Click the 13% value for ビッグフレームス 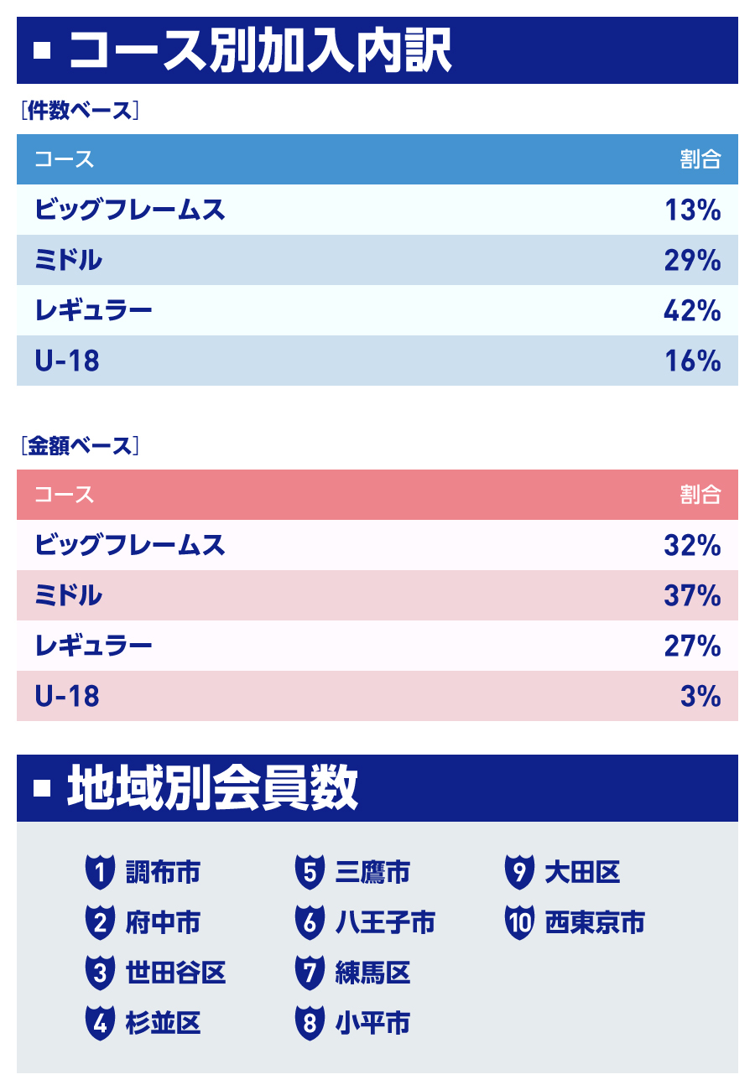click(692, 210)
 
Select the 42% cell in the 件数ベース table click(692, 310)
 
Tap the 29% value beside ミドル click(692, 260)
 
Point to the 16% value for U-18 click(692, 361)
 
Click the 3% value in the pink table click(700, 696)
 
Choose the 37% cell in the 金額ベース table click(692, 595)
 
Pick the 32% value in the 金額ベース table click(692, 545)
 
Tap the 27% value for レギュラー click(692, 646)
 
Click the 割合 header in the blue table click(700, 159)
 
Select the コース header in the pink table click(64, 495)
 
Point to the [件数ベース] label click(80, 111)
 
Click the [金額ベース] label click(80, 446)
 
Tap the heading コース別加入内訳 click(260, 50)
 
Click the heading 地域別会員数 click(213, 788)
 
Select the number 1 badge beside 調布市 click(100, 873)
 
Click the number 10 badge click(519, 923)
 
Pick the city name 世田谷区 click(175, 973)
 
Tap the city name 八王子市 click(385, 923)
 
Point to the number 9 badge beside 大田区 click(519, 873)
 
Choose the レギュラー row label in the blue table click(94, 310)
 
